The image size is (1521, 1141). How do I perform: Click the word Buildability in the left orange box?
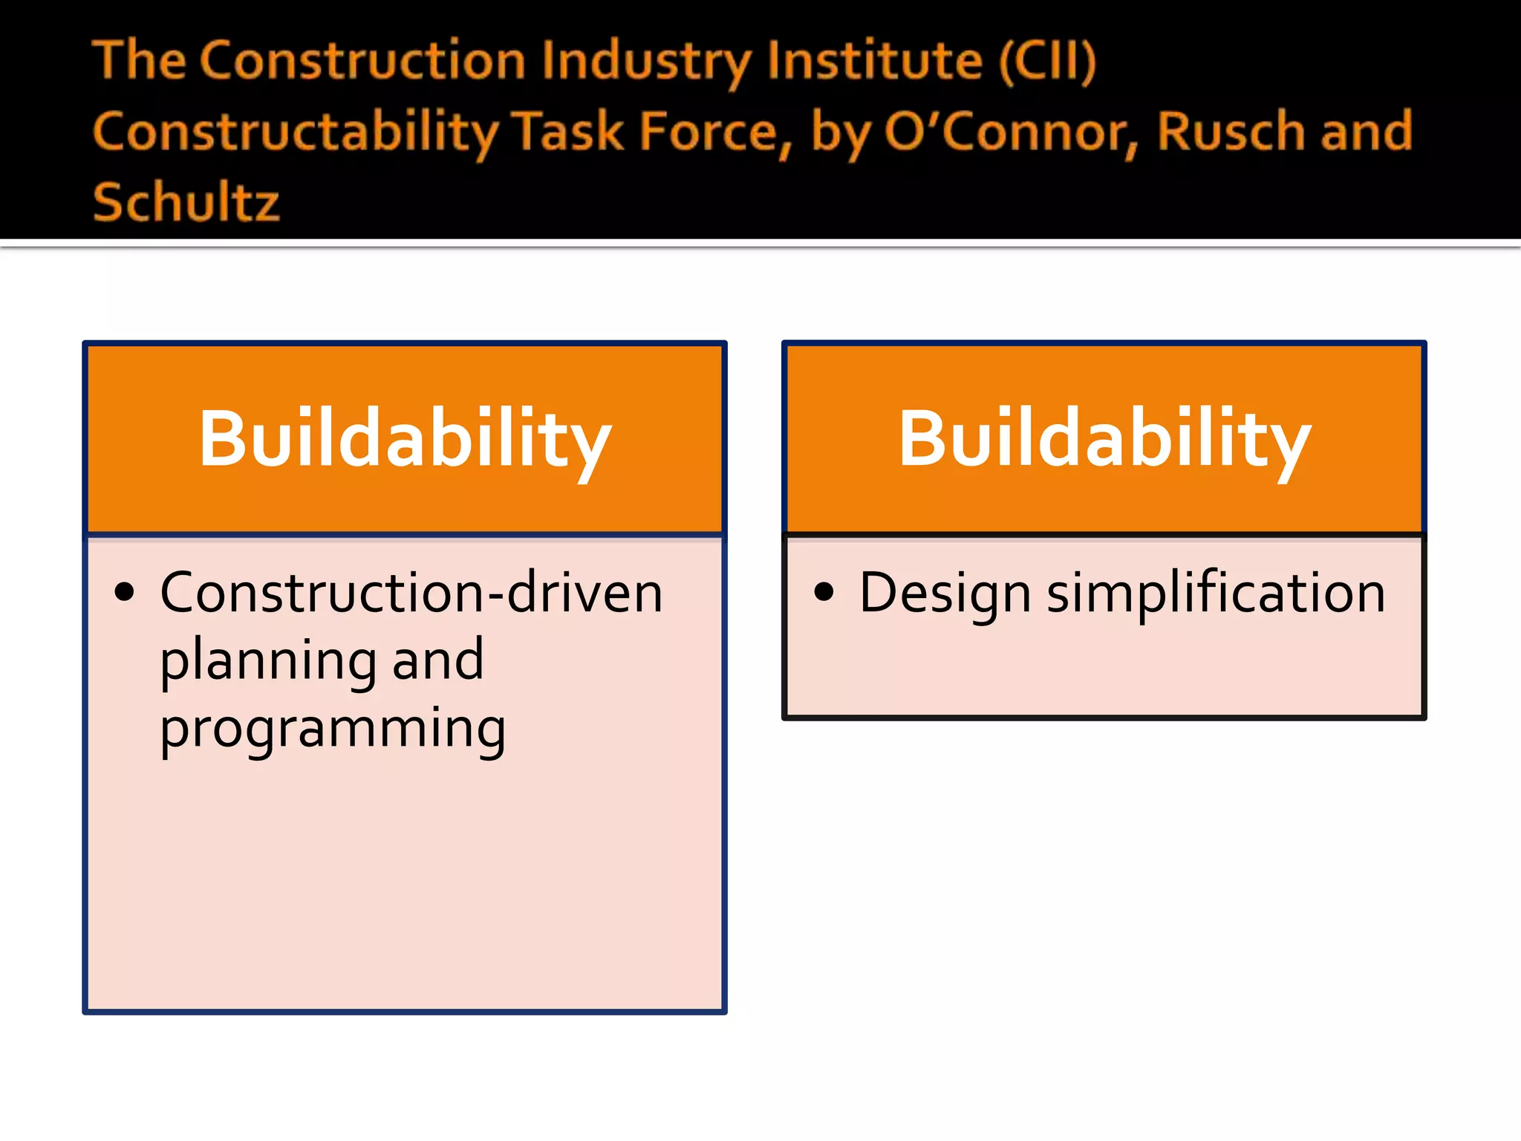coord(405,440)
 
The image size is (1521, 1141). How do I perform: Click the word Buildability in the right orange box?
coord(1104,440)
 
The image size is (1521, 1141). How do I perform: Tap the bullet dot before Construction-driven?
coord(125,592)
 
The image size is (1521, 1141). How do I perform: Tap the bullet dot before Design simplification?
coord(824,592)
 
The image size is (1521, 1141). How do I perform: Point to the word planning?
coord(268,661)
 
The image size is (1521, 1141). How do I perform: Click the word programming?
coord(333,729)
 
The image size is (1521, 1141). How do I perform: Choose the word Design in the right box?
coord(945,594)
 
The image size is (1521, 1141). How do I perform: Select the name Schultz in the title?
coord(186,202)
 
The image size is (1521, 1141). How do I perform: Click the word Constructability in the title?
coord(296,132)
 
